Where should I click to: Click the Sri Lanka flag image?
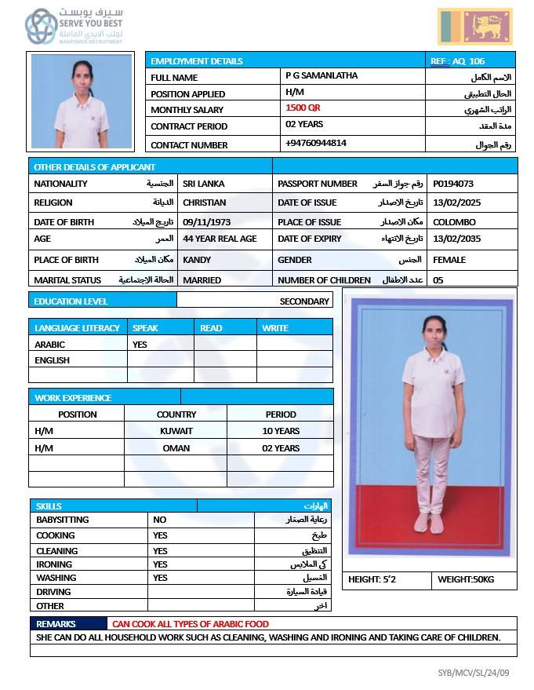click(x=475, y=27)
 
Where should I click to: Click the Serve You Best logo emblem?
click(x=40, y=27)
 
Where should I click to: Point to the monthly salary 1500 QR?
click(x=303, y=108)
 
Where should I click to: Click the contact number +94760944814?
click(x=316, y=143)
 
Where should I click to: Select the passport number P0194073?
click(x=453, y=184)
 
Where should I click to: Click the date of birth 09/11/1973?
click(x=206, y=222)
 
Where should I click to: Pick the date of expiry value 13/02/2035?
click(x=456, y=239)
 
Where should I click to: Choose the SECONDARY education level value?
click(x=304, y=301)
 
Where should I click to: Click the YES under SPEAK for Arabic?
click(x=140, y=344)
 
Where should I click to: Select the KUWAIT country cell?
click(x=176, y=431)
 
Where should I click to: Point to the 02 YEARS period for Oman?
click(x=281, y=448)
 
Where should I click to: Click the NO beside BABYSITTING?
click(x=160, y=520)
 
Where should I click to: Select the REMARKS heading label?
click(x=56, y=624)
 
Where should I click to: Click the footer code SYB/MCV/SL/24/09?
click(x=474, y=673)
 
